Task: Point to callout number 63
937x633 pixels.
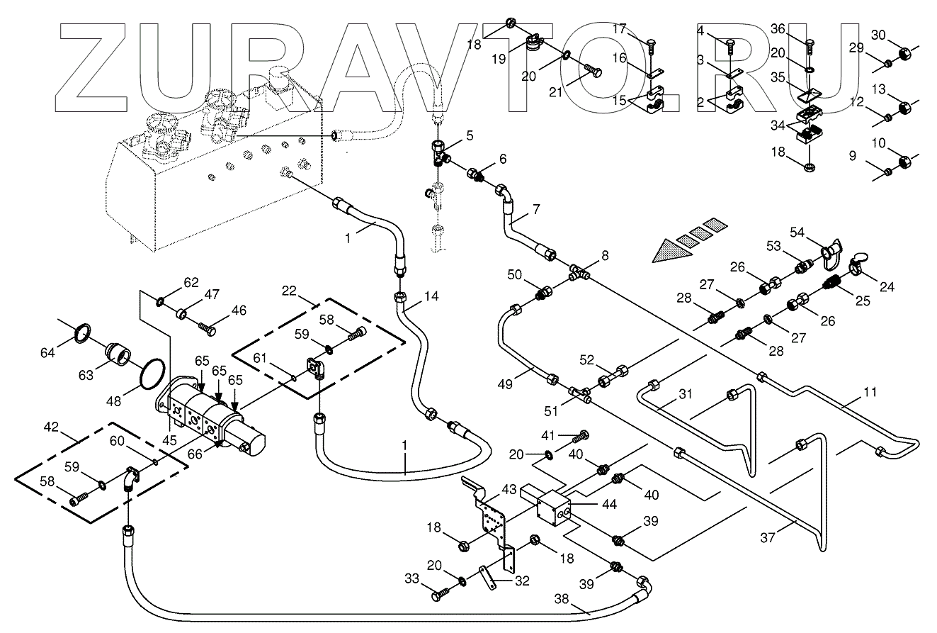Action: coord(86,375)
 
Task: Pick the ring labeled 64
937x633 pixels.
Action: coord(83,331)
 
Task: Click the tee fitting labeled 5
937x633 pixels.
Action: coord(439,151)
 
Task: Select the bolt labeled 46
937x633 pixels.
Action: coord(208,328)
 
